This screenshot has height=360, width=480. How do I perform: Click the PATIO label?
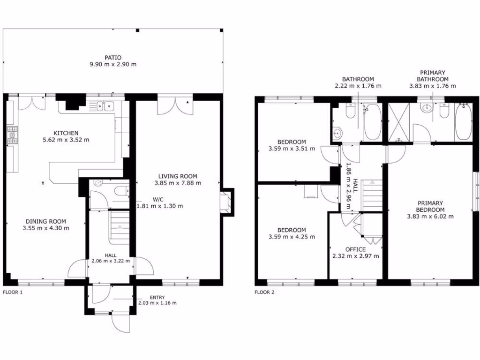(x=113, y=58)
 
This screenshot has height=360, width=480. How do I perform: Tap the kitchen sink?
(x=105, y=107)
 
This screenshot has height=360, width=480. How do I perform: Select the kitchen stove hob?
(x=11, y=135)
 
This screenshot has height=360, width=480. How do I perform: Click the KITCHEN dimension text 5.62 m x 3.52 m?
(x=66, y=140)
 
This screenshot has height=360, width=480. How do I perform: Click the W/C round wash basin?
(x=97, y=184)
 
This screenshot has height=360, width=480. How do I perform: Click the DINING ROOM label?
(x=45, y=222)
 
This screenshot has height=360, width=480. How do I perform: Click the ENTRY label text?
(x=157, y=297)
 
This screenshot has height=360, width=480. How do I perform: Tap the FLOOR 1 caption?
(x=13, y=292)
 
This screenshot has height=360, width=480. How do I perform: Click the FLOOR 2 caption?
(x=264, y=292)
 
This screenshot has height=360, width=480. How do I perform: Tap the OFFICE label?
(x=355, y=249)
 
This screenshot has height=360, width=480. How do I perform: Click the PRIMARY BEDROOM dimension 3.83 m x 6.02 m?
(x=430, y=216)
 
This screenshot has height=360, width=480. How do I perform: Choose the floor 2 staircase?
(x=374, y=195)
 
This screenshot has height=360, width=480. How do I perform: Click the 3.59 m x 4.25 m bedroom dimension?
(x=292, y=237)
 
